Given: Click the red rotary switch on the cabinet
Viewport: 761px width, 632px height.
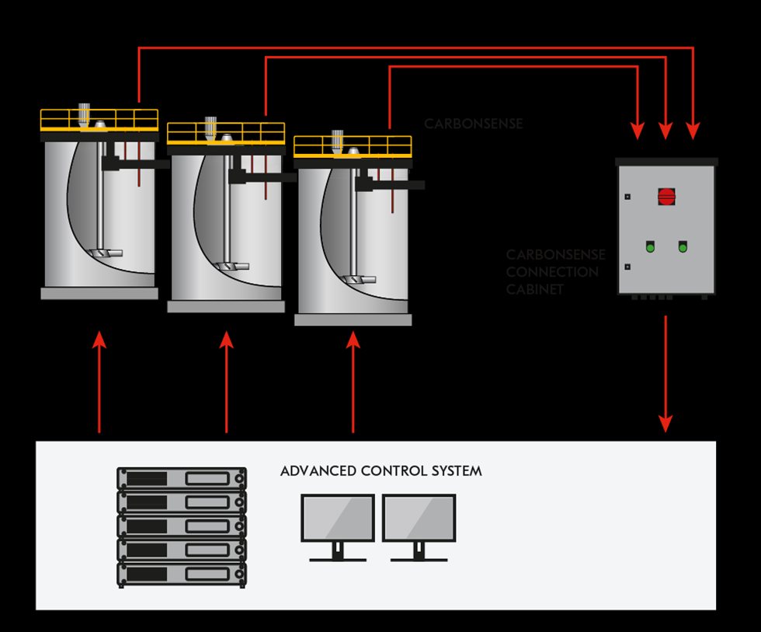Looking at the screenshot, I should pyautogui.click(x=666, y=196).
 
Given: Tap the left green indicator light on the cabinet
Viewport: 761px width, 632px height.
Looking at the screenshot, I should pyautogui.click(x=649, y=247).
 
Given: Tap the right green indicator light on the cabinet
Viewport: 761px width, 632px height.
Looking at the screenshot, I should pyautogui.click(x=683, y=247).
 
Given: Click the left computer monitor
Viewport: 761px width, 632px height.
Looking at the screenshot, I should pyautogui.click(x=338, y=519).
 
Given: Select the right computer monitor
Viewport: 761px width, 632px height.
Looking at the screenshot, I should pyautogui.click(x=419, y=519).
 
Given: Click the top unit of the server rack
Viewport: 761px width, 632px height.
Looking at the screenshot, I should pyautogui.click(x=181, y=477).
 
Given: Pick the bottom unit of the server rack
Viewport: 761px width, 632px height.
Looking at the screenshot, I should pyautogui.click(x=181, y=575).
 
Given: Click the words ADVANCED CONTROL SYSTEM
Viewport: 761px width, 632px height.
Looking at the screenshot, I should pyautogui.click(x=380, y=471).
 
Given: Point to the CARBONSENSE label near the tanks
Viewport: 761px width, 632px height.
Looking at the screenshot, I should pyautogui.click(x=473, y=124).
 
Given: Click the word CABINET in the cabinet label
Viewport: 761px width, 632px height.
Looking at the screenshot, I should pyautogui.click(x=535, y=289).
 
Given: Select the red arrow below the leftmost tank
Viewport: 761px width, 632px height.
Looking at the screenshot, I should pyautogui.click(x=99, y=381).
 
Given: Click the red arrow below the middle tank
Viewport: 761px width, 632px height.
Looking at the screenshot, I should pyautogui.click(x=226, y=381).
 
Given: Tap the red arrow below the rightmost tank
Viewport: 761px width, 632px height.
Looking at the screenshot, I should pyautogui.click(x=353, y=381).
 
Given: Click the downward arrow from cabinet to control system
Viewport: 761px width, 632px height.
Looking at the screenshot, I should pyautogui.click(x=665, y=373).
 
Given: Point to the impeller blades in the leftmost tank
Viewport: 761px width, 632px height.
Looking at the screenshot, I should pyautogui.click(x=106, y=253).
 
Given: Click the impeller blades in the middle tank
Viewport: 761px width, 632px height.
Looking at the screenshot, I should pyautogui.click(x=233, y=265).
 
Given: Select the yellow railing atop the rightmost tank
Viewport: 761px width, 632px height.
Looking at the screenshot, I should pyautogui.click(x=353, y=146).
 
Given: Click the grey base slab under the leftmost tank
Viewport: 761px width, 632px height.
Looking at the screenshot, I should pyautogui.click(x=99, y=293).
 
